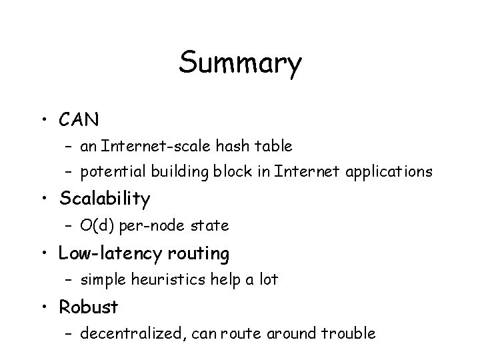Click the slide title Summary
(240, 64)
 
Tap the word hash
(231, 145)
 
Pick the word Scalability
(105, 199)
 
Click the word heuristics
(169, 280)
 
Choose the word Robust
(88, 307)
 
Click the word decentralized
(129, 333)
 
